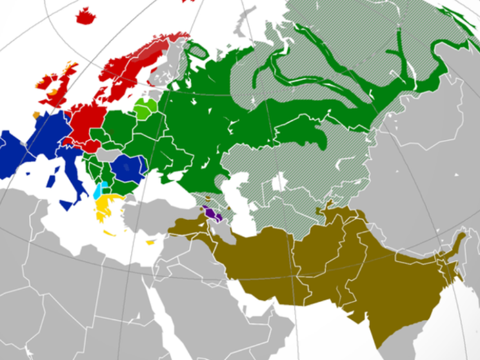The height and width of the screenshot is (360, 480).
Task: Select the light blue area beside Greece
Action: (98, 190)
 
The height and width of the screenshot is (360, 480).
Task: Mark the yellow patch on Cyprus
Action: (151, 243)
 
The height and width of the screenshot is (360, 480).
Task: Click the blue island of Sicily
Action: (66, 205)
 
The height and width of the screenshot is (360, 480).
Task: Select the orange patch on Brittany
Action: (37, 114)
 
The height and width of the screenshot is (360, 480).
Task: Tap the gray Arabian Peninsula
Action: (194, 310)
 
